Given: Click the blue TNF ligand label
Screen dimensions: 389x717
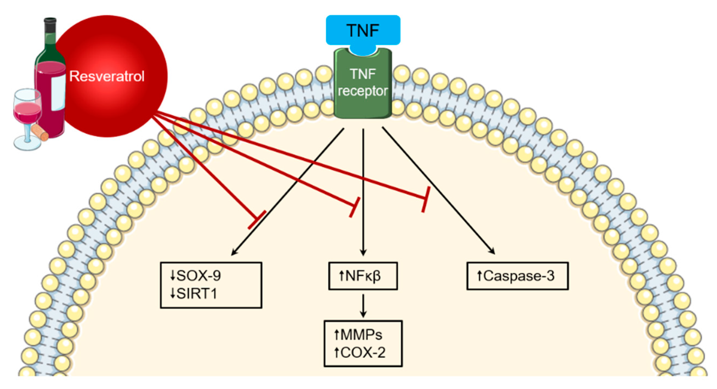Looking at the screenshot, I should [x=363, y=30].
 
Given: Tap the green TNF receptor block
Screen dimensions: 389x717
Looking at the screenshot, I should [x=363, y=84].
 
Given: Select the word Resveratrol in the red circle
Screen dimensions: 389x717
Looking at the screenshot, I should [x=107, y=76].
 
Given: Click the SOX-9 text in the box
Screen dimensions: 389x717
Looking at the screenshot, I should [x=199, y=276].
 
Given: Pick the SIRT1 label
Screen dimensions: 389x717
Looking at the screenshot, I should [x=197, y=294].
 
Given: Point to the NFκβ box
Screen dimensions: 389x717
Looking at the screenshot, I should [x=363, y=276].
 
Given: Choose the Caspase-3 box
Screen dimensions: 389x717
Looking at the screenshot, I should [x=517, y=276].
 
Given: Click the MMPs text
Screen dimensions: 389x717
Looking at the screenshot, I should [x=361, y=335].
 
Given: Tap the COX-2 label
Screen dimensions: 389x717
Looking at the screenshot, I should [x=363, y=353].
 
